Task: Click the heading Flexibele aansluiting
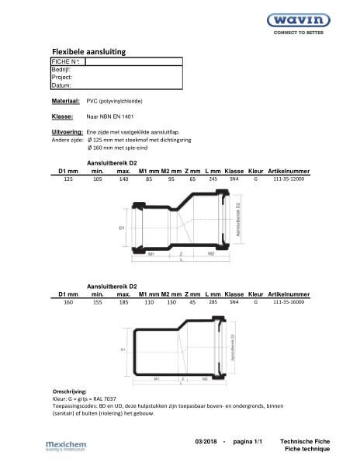click(88, 51)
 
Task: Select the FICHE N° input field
click(133, 61)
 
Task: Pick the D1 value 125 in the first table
click(67, 179)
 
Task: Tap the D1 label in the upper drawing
click(122, 228)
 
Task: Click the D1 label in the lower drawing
click(122, 350)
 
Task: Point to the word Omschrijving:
click(70, 391)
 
